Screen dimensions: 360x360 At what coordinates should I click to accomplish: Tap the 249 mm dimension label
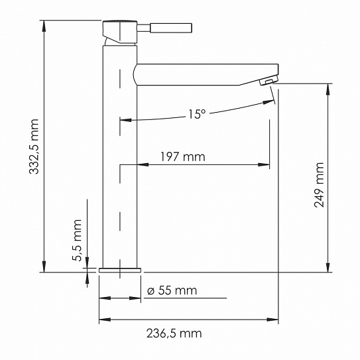[320, 185]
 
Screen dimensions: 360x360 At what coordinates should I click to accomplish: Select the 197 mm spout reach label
[182, 157]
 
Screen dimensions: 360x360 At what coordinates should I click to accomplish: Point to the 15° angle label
[196, 114]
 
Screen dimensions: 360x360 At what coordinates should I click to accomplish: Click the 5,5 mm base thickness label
[77, 241]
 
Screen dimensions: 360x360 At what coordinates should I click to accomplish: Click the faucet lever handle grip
[172, 28]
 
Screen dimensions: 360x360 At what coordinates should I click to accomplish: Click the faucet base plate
[120, 270]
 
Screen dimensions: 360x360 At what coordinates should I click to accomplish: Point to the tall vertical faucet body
[120, 166]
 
